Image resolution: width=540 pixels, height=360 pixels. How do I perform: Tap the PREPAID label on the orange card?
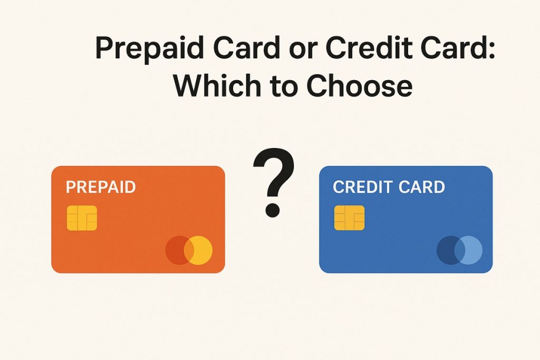(x=100, y=187)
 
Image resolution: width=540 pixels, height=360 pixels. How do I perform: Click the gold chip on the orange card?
(x=82, y=218)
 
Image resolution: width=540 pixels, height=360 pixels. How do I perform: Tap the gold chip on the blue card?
(x=349, y=218)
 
